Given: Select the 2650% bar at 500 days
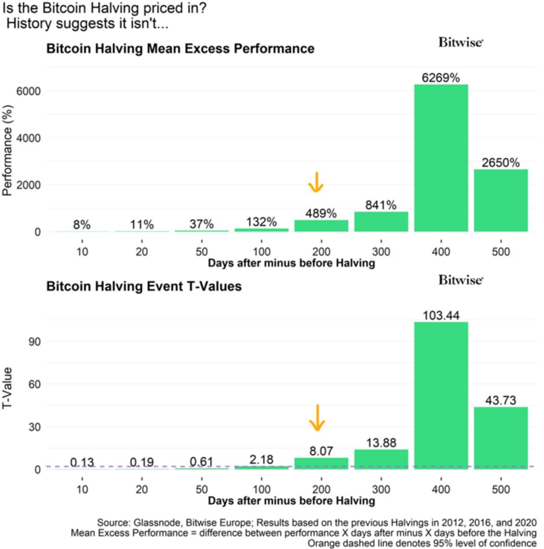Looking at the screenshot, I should pos(501,200).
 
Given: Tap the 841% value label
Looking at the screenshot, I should pos(381,205).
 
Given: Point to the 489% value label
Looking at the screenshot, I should pos(321,213).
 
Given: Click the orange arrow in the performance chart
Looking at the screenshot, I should pos(316,182).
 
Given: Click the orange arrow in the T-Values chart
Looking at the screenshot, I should pos(317,417).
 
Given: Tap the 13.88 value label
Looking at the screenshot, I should pos(381,443).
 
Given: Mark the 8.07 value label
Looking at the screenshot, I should pos(321,451).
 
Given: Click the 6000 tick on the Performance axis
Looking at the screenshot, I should pos(29,91).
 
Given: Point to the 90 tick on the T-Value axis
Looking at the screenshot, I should pos(35,342).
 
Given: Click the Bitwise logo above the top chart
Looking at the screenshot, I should pos(460,42).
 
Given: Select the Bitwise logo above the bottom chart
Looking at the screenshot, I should pos(460,280).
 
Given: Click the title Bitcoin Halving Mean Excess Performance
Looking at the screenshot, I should pos(180,49).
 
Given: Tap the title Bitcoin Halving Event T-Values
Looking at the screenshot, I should pos(144,286).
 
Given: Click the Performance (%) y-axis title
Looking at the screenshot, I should pos(7,150).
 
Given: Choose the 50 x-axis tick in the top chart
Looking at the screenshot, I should pos(201,252).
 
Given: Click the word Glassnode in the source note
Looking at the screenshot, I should pos(152,522).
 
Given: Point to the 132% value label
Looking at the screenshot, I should pos(261,222).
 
